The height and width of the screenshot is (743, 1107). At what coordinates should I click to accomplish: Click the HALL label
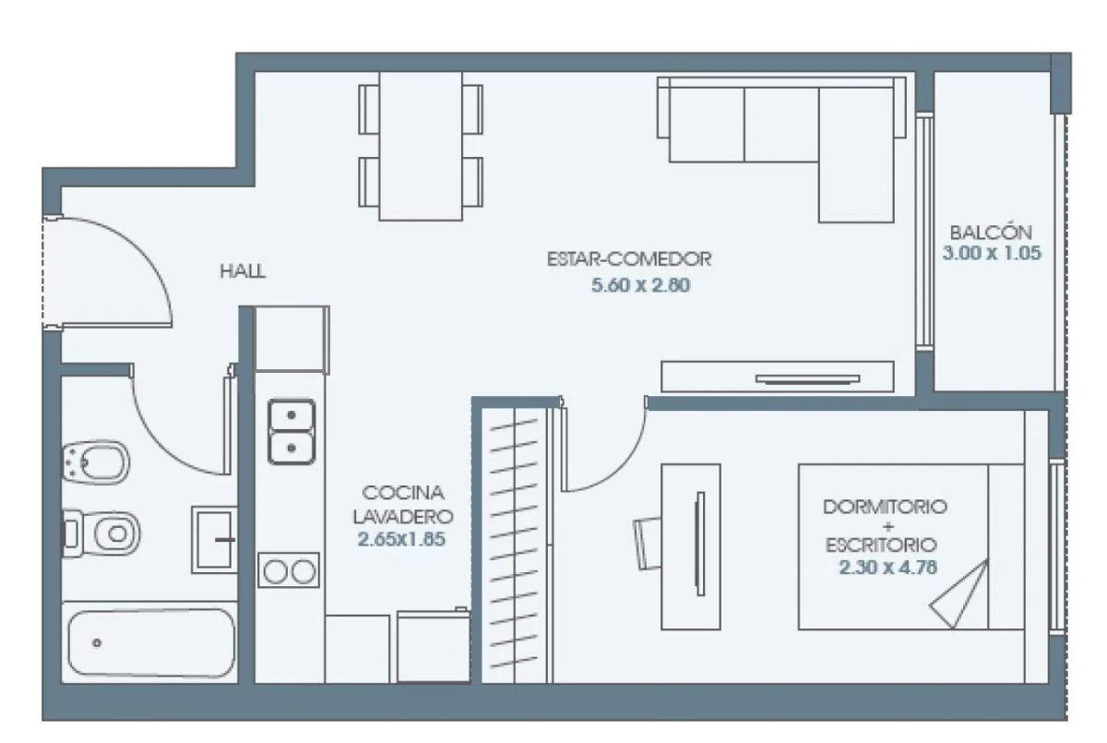pyautogui.click(x=243, y=271)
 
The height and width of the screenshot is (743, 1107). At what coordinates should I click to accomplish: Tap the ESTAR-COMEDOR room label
pyautogui.click(x=629, y=258)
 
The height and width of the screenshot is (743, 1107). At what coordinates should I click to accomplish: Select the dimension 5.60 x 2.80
pyautogui.click(x=640, y=286)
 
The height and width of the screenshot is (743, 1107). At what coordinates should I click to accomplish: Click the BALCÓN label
pyautogui.click(x=991, y=232)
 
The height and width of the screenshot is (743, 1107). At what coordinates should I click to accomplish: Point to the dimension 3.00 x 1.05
pyautogui.click(x=992, y=253)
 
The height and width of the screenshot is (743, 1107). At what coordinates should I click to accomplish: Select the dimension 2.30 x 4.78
pyautogui.click(x=887, y=568)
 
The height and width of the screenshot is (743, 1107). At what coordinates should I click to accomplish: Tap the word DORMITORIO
pyautogui.click(x=885, y=507)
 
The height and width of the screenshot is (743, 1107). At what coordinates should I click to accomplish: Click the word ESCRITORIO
pyautogui.click(x=881, y=545)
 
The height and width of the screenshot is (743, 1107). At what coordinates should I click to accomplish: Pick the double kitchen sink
pyautogui.click(x=292, y=431)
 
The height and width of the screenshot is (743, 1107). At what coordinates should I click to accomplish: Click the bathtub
pyautogui.click(x=150, y=642)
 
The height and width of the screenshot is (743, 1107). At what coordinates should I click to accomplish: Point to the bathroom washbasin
pyautogui.click(x=214, y=539)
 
